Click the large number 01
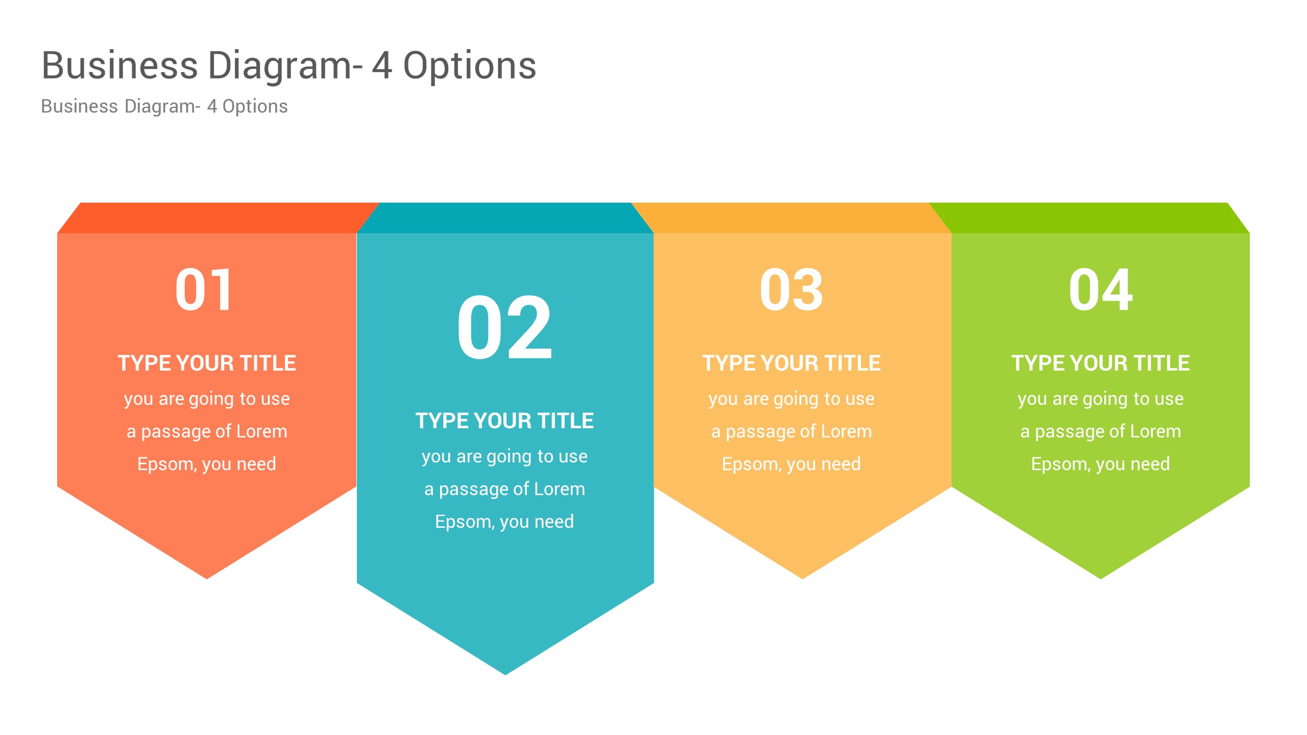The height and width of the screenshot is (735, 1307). point(204,289)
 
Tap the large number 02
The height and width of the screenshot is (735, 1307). point(504,328)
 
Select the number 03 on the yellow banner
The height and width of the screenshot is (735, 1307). point(791,289)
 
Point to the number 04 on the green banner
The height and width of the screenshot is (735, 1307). point(1101,289)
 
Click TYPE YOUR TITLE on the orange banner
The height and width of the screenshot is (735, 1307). point(207,363)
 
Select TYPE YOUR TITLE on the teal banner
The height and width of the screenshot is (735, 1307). point(504,421)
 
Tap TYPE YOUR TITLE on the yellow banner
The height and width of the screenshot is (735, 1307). point(791,363)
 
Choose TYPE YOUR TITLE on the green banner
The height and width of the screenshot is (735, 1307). point(1101,363)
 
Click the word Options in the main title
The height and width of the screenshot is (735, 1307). point(470,66)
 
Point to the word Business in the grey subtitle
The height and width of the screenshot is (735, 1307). point(80,106)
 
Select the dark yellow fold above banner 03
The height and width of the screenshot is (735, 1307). point(791,218)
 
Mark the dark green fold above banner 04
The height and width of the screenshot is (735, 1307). point(1087,218)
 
